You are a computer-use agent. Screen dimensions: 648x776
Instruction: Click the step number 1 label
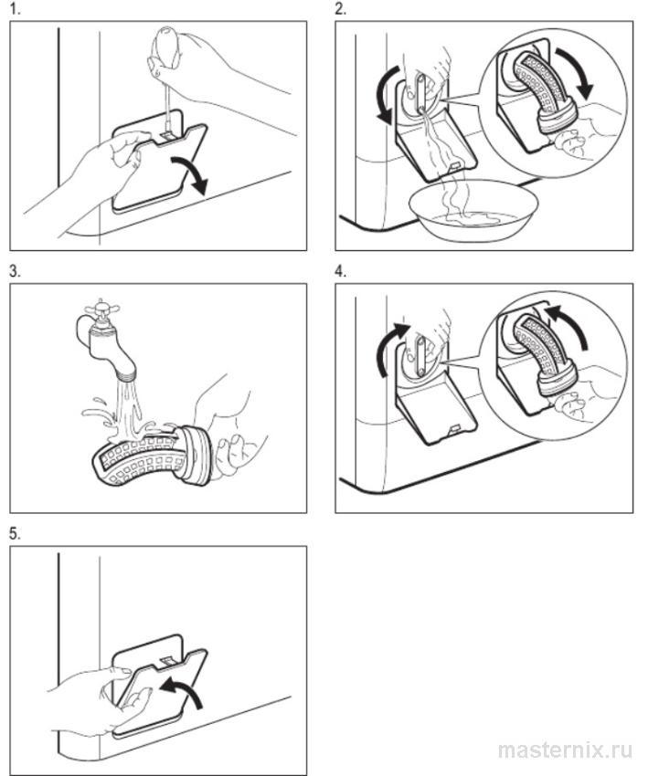(15, 9)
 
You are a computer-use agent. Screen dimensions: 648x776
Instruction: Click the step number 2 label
(340, 9)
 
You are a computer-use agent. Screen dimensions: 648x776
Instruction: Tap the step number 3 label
(15, 271)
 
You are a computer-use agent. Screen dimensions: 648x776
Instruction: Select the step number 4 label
(340, 271)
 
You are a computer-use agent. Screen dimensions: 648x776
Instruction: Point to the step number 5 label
(15, 534)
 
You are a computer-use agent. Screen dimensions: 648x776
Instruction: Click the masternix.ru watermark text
(565, 750)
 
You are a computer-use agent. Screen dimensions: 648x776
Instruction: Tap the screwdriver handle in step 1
(166, 46)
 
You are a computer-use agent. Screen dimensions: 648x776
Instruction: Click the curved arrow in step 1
(192, 173)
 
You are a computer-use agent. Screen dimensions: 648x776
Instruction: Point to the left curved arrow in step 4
(389, 350)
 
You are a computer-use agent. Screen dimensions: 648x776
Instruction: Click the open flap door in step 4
(436, 418)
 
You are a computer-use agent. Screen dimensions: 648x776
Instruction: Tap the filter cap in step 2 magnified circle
(555, 121)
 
